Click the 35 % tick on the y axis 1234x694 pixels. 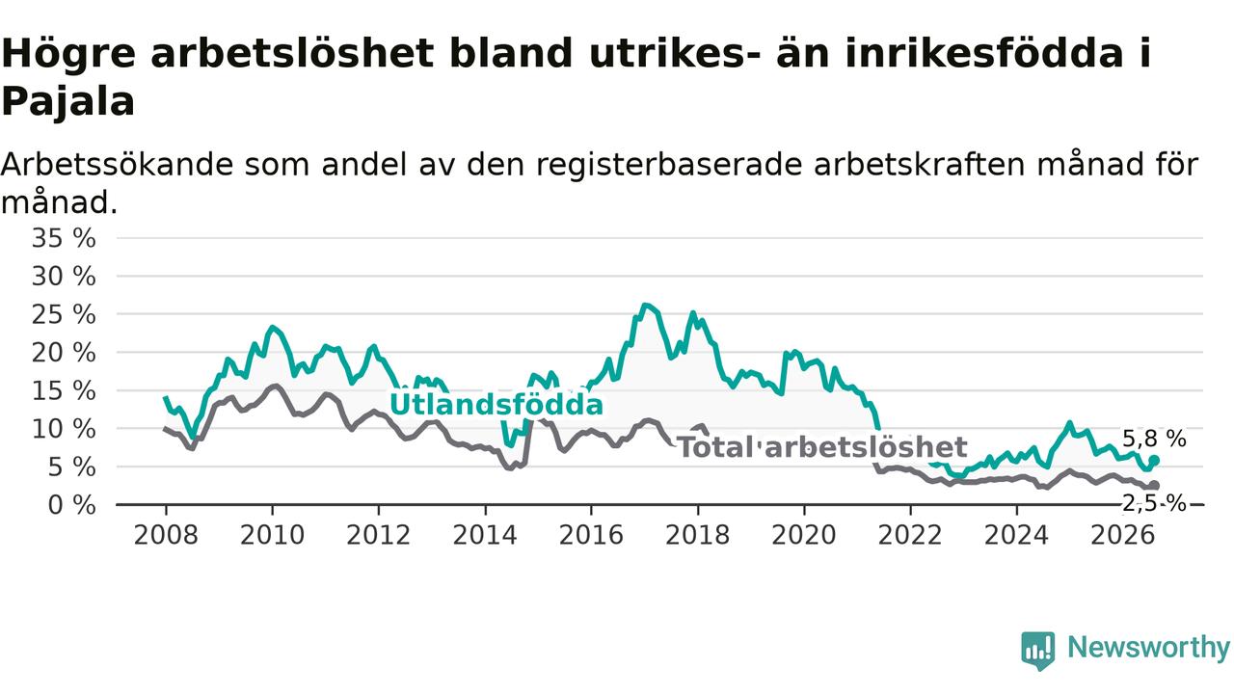pos(64,238)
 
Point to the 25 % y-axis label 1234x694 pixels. pos(64,315)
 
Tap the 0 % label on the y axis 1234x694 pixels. pos(72,505)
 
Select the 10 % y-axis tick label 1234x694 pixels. pos(64,429)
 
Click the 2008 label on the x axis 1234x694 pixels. pos(166,535)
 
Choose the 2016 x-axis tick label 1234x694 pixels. pos(591,535)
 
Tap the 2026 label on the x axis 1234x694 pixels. pos(1123,535)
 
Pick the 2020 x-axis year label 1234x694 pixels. pos(804,535)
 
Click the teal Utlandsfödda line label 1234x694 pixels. pos(496,404)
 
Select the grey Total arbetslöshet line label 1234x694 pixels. pos(822,446)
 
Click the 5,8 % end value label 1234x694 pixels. pos(1154,439)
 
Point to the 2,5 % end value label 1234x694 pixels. pos(1154,503)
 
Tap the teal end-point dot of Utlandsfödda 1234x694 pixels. pos(1154,461)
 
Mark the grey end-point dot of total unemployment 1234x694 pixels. pos(1154,485)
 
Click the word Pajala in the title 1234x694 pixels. pos(68,101)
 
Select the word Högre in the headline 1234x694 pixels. pos(68,54)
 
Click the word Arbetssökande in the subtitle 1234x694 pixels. pos(117,165)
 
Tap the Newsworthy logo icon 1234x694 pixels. pos(1038,651)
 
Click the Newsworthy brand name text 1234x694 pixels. pos(1148,647)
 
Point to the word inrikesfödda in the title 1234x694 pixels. pos(984,54)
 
